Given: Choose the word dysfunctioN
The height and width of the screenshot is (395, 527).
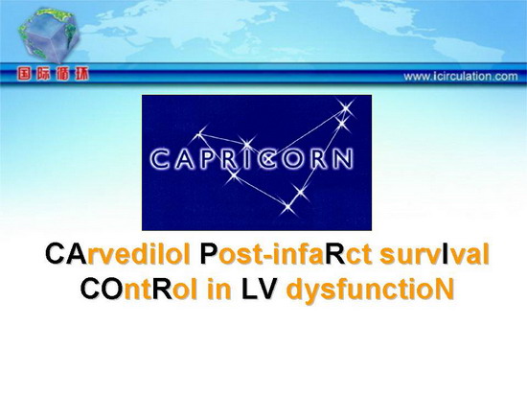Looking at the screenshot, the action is pos(369,290).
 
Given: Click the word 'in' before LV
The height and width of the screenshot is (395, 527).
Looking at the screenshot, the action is pos(219,289).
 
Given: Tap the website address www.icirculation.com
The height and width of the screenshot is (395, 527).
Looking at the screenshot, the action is pos(461,77).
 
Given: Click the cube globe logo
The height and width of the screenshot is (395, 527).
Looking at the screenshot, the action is pos(49,35).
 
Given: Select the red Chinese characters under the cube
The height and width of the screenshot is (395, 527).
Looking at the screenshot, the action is pos(53,74).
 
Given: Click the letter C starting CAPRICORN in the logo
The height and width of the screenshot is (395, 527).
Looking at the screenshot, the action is pos(159,159).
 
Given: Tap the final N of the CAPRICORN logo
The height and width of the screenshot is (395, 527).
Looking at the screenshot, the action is pos(343,159).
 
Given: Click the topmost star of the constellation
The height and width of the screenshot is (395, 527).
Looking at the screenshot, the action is pos(346,108).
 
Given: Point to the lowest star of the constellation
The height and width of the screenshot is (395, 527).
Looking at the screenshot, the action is pos(287,206).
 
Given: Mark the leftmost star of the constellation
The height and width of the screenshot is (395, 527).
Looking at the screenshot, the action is pos(200,134).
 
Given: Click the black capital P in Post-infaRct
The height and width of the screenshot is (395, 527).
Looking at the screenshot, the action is pos(207,254).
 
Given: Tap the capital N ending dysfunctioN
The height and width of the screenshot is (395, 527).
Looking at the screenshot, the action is pos(445,289).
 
